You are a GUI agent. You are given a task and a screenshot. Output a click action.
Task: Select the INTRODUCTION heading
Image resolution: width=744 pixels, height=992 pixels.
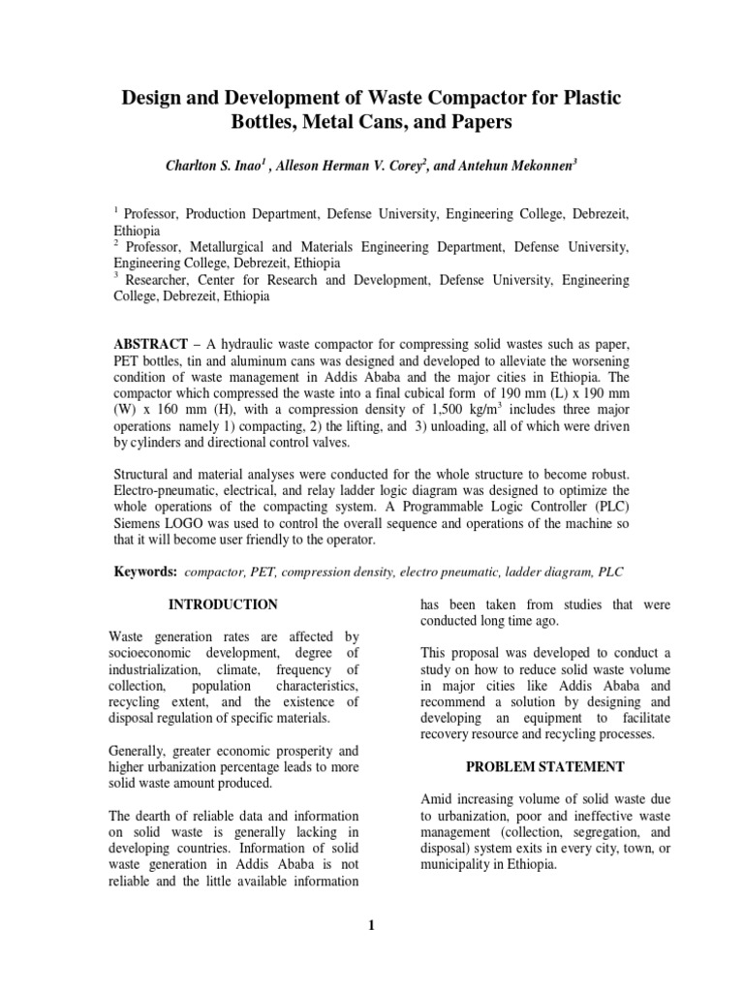(223, 604)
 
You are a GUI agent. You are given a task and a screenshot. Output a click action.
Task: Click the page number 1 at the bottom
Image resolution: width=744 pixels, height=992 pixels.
(371, 926)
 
